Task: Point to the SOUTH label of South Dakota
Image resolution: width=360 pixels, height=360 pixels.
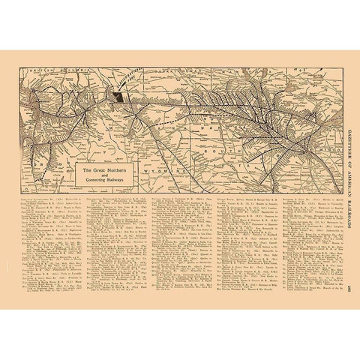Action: click(225, 152)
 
